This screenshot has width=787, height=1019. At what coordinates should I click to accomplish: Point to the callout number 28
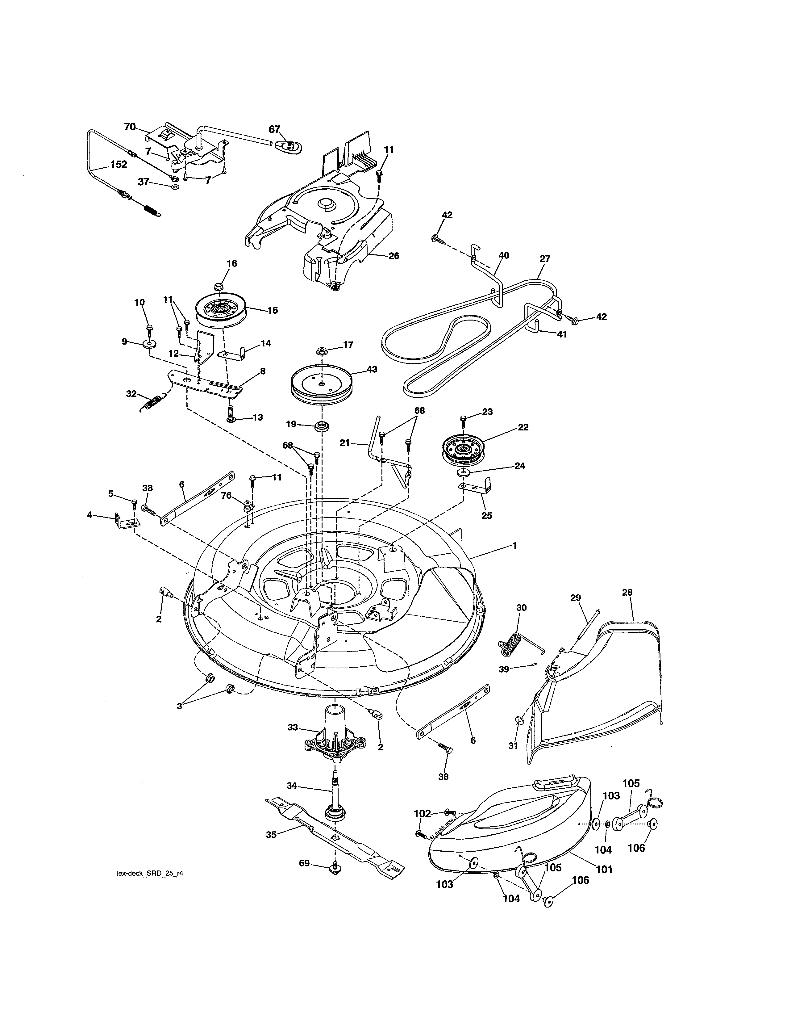click(x=627, y=593)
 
